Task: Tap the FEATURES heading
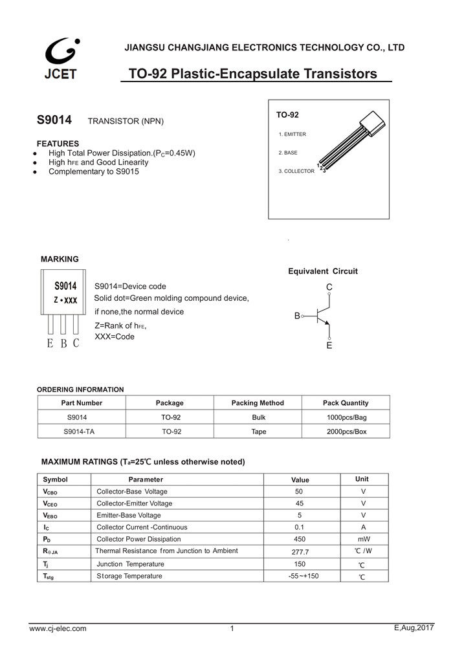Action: [58, 143]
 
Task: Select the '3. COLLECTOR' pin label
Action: [296, 171]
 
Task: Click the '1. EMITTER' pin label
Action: [292, 134]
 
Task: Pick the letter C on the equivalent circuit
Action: [329, 287]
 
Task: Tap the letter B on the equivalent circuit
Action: [297, 316]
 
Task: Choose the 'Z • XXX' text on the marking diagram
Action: [65, 301]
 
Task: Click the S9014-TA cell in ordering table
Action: [82, 430]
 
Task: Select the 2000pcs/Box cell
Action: [347, 430]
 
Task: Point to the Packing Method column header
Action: [258, 402]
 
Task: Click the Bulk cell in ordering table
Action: [258, 417]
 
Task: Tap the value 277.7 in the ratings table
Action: [300, 552]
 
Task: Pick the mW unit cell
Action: [364, 539]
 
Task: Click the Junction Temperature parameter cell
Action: [130, 564]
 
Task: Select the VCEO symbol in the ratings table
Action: [50, 503]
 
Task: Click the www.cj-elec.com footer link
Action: [58, 628]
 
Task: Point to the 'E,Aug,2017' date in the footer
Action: [413, 628]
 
